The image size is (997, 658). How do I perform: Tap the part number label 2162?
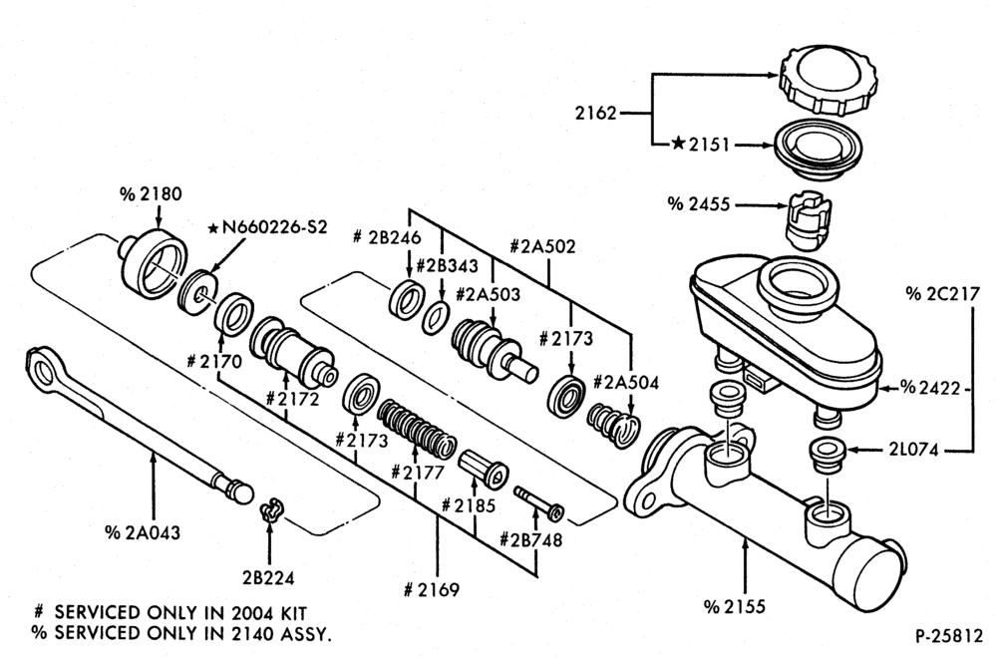point(596,114)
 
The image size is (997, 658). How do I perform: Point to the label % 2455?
point(698,204)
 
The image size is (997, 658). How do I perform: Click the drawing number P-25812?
point(949,635)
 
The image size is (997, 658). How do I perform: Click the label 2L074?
point(914,450)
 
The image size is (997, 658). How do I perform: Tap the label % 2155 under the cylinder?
point(734,607)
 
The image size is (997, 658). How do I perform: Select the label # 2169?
point(431,590)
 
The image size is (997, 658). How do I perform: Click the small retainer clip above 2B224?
point(270,510)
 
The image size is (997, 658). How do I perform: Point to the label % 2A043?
point(143,532)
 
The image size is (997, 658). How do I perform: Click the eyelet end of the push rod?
point(42,368)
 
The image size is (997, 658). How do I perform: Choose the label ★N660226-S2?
point(267,227)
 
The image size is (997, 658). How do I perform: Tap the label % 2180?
point(151,194)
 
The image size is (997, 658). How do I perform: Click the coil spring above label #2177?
point(417,430)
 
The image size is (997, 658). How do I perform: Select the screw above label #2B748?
point(538,502)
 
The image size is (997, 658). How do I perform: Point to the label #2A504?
point(626,383)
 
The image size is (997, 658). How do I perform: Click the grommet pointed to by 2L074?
point(826,456)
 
